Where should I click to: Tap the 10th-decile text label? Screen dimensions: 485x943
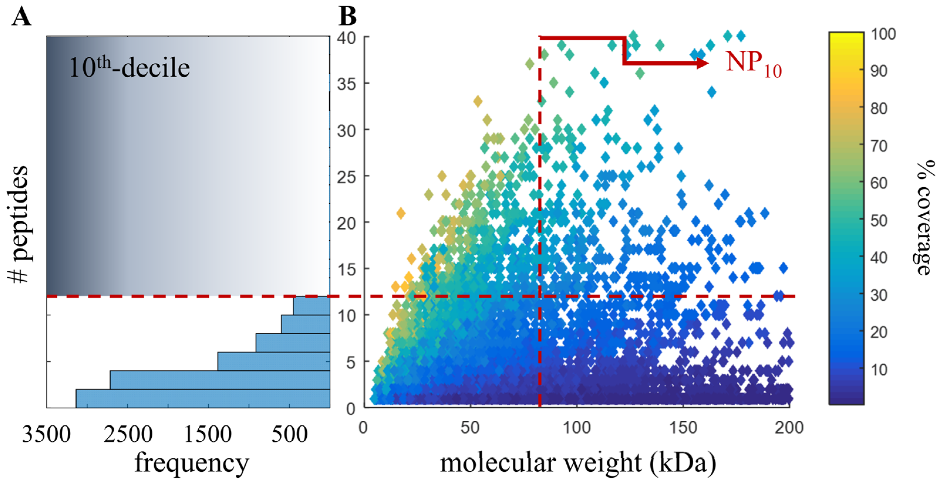129,68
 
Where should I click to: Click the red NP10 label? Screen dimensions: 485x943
753,63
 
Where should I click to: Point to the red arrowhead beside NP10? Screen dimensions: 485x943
702,63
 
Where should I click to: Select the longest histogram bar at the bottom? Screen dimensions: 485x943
203,398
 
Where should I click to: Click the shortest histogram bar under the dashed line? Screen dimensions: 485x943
311,306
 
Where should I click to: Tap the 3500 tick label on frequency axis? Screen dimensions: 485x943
46,435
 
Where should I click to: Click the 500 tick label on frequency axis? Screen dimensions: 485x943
289,435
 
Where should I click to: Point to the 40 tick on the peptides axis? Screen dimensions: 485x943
346,38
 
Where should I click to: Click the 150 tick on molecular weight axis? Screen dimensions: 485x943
683,427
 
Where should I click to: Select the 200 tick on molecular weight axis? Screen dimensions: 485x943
789,427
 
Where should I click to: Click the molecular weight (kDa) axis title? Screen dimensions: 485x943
578,463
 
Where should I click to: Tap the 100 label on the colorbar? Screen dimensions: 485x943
883,34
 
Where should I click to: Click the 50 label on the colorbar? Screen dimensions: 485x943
878,221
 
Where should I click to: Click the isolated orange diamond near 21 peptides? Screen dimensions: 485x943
401,213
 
